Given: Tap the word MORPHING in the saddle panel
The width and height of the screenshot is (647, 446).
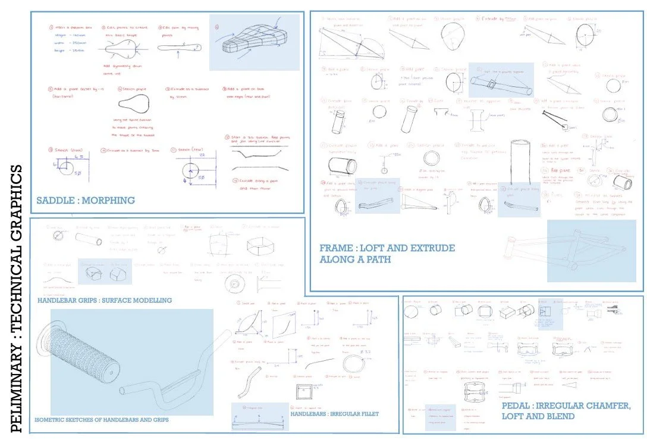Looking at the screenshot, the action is point(109,201).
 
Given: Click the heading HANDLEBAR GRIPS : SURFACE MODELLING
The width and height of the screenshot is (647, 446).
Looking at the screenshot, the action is point(104,301).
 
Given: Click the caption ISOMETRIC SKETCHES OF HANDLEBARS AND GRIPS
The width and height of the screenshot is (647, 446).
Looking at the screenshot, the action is point(102,420).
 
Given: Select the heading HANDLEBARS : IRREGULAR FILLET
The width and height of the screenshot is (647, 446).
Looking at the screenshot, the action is point(335,414).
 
